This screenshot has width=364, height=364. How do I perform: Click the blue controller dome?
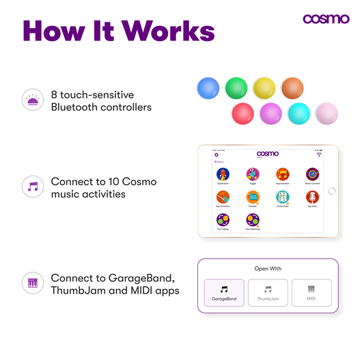pyautogui.click(x=208, y=89)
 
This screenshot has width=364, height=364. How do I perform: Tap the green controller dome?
pyautogui.click(x=236, y=89)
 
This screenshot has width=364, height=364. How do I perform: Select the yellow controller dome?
pyautogui.click(x=264, y=89)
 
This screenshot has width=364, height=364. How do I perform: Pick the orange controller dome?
pyautogui.click(x=292, y=89)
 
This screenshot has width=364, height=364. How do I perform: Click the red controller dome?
pyautogui.click(x=242, y=113)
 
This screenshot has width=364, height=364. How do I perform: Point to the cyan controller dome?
pyautogui.click(x=298, y=113)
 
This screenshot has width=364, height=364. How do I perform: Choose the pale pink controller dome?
pyautogui.click(x=326, y=113)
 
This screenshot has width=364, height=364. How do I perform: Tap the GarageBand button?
pyautogui.click(x=223, y=292)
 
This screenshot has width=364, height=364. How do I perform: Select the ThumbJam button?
pyautogui.click(x=268, y=292)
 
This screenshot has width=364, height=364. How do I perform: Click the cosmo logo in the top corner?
pyautogui.click(x=326, y=18)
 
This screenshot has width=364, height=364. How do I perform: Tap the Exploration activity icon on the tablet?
pyautogui.click(x=223, y=175)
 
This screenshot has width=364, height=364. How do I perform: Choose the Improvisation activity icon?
pyautogui.click(x=283, y=175)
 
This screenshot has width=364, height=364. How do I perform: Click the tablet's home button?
pyautogui.click(x=332, y=191)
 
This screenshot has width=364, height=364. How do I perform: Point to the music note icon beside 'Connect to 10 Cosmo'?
pyautogui.click(x=32, y=185)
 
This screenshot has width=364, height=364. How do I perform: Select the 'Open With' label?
pyautogui.click(x=268, y=268)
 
